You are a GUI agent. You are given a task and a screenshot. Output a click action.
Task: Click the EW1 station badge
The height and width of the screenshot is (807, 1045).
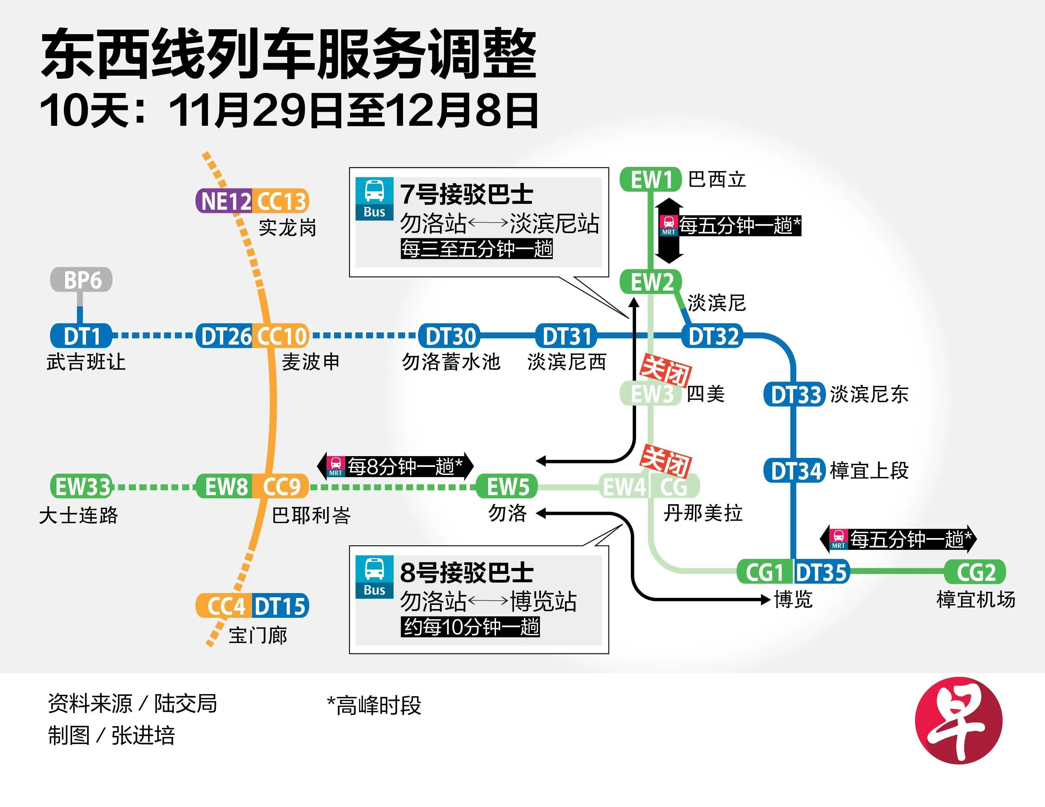click(x=650, y=180)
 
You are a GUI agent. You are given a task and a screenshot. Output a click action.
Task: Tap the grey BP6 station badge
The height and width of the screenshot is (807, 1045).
click(x=82, y=280)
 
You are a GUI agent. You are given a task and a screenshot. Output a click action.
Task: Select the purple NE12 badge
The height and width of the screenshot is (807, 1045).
click(x=224, y=201)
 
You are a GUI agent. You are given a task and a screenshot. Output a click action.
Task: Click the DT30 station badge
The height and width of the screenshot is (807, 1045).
click(x=449, y=336)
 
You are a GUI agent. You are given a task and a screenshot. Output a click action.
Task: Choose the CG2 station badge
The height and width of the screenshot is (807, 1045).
click(x=975, y=572)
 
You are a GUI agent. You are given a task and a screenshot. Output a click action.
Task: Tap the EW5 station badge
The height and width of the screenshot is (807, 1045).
click(x=507, y=487)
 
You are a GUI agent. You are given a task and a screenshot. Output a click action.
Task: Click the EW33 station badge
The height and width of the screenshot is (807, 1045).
click(x=82, y=487)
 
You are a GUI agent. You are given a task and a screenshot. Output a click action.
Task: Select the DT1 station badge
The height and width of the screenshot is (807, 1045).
click(x=82, y=336)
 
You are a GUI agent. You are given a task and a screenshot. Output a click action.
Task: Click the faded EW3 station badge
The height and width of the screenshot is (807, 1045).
click(x=650, y=395)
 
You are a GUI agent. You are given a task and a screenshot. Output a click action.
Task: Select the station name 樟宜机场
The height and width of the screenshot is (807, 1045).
click(x=975, y=599)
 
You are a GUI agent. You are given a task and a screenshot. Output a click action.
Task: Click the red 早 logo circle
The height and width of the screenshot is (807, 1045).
click(x=958, y=720)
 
